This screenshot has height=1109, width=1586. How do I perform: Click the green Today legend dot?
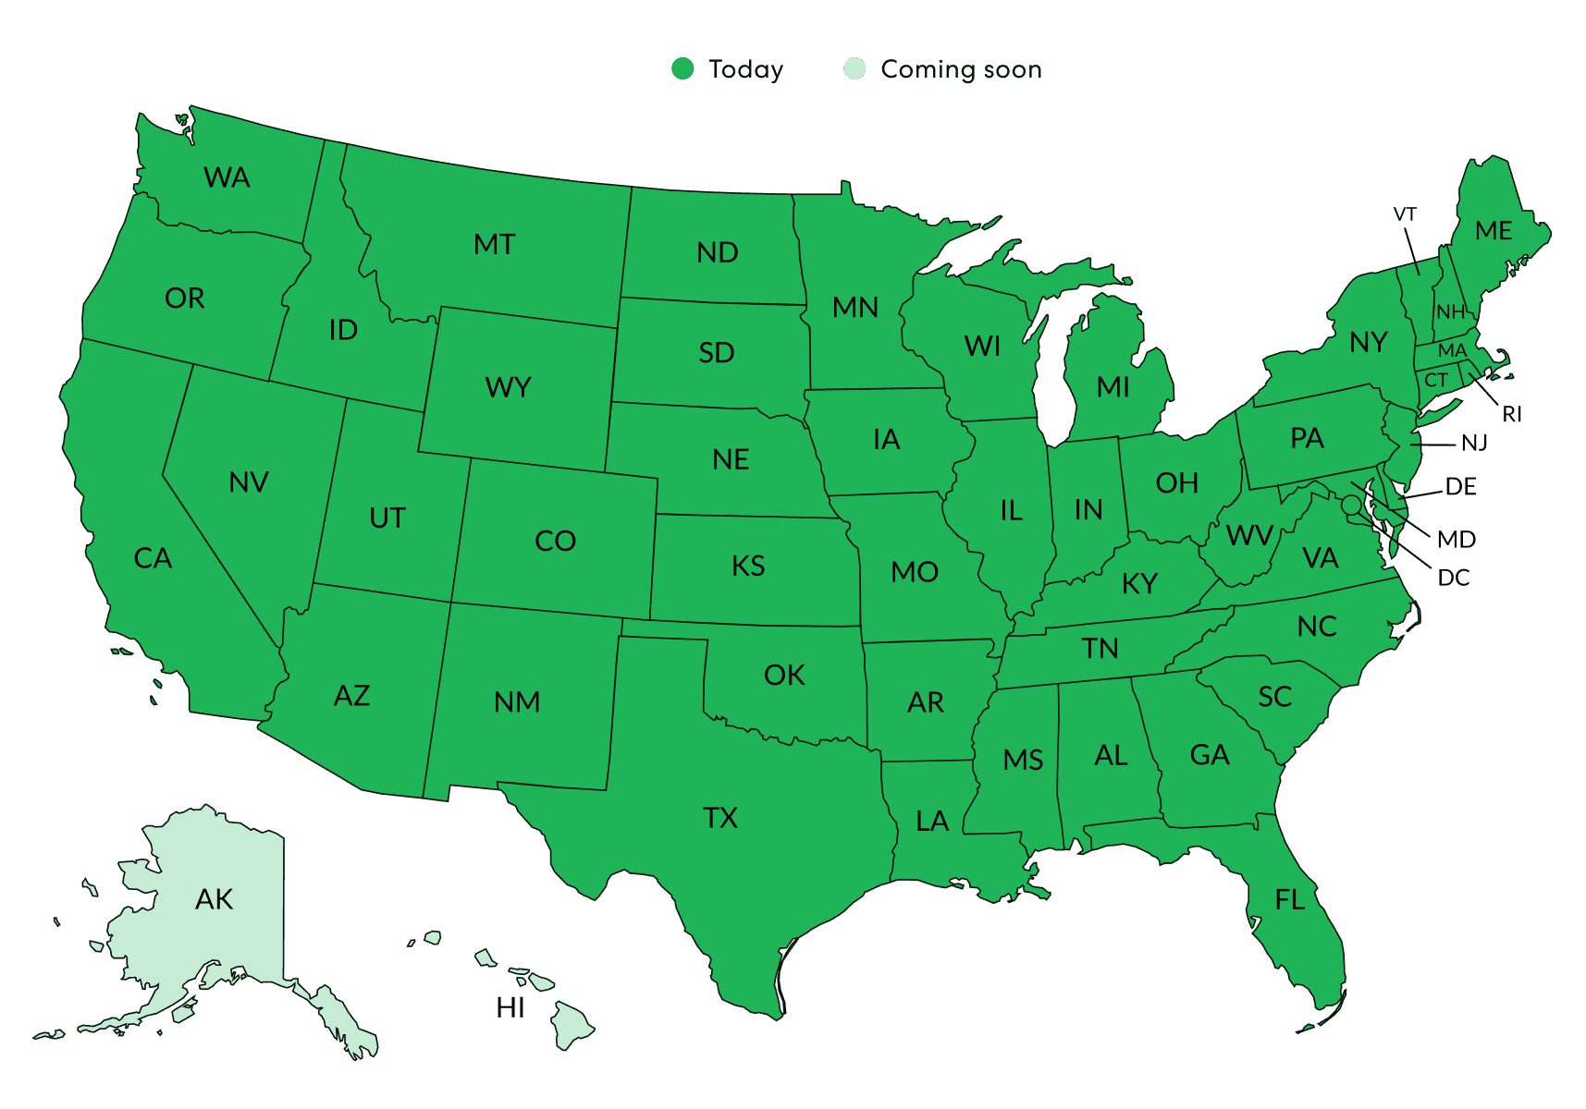(x=682, y=69)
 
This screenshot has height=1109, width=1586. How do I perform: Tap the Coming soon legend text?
(x=961, y=69)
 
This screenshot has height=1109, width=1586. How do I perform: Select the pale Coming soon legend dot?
(x=854, y=69)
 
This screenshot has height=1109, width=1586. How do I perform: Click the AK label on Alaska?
(x=215, y=899)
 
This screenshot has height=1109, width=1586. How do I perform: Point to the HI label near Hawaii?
(x=510, y=1006)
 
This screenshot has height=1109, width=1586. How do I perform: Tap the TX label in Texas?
(x=720, y=818)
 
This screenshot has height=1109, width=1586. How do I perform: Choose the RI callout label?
(x=1512, y=414)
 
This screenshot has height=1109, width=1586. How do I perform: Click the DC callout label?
(x=1453, y=578)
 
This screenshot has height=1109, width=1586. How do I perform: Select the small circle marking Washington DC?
(x=1351, y=505)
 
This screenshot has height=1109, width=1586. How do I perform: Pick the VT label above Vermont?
(x=1405, y=214)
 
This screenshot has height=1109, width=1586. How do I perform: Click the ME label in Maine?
(x=1494, y=231)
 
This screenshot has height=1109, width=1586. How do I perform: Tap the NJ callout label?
(x=1474, y=444)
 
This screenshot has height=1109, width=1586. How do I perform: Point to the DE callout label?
(x=1460, y=487)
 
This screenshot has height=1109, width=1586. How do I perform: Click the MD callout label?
(x=1457, y=539)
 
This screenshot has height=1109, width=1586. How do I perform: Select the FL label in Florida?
(x=1290, y=899)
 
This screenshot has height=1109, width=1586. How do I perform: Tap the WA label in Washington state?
(x=227, y=177)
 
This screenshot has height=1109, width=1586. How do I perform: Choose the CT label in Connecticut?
(x=1436, y=380)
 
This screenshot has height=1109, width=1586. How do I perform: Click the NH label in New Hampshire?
(x=1450, y=312)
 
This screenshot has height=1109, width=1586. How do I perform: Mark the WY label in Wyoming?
(x=509, y=387)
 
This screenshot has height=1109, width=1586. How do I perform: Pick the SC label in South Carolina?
(x=1274, y=697)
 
